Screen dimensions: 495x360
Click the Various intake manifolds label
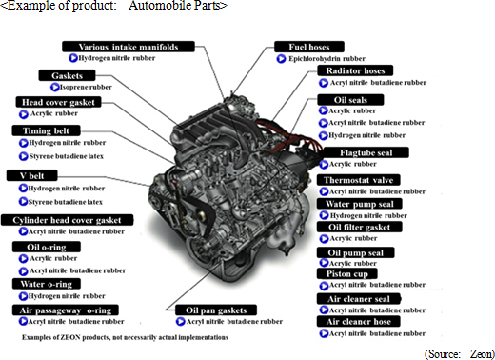point(129,47)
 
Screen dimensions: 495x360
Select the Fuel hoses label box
point(309,47)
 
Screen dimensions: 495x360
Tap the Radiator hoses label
point(355,70)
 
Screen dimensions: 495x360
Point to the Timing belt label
point(46,130)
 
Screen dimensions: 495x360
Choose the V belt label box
point(32,175)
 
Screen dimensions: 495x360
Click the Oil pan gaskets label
point(216,310)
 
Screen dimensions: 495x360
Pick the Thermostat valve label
point(358,180)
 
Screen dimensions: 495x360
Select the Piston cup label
point(347,273)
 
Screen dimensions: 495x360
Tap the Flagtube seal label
point(366,152)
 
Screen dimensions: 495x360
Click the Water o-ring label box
point(47,284)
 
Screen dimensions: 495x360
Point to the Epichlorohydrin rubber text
point(327,59)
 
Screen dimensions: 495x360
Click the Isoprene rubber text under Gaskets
point(86,87)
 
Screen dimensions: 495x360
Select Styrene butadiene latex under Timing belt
point(67,156)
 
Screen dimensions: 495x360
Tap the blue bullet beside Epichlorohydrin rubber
point(281,59)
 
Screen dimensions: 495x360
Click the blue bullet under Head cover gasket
point(23,114)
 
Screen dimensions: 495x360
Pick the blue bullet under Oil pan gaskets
point(180,322)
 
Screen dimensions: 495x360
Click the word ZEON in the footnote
point(70,337)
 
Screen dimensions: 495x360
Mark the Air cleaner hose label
point(359,321)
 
